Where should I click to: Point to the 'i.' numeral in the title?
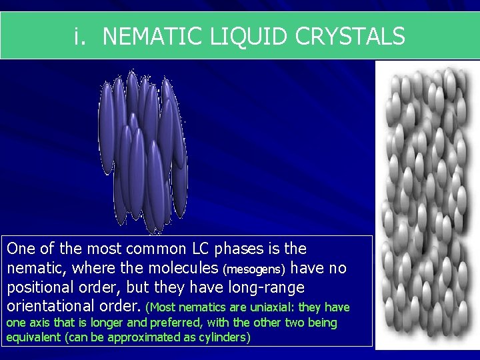[80, 36]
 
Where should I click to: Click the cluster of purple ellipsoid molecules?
[142, 150]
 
